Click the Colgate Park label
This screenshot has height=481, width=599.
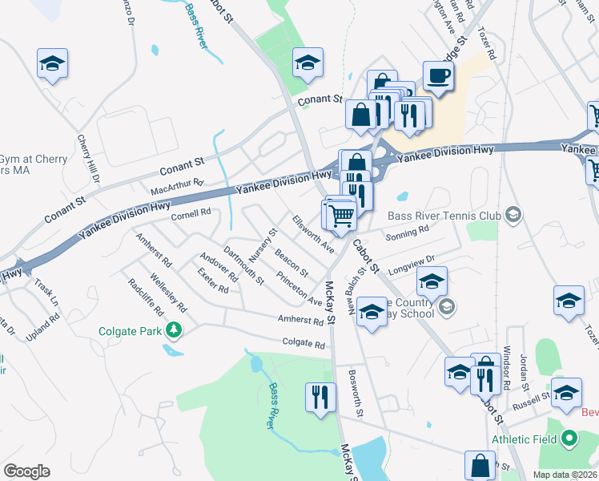point(131,330)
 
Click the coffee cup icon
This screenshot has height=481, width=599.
point(438,76)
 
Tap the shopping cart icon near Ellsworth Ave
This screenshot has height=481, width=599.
point(341,215)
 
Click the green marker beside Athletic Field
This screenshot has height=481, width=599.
point(569,439)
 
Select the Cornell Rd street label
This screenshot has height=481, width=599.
point(191,213)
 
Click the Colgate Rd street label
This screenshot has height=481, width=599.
point(304,344)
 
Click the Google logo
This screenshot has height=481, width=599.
point(26,471)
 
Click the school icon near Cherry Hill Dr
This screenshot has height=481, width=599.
point(53,63)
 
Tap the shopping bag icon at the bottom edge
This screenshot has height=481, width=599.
point(480,465)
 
